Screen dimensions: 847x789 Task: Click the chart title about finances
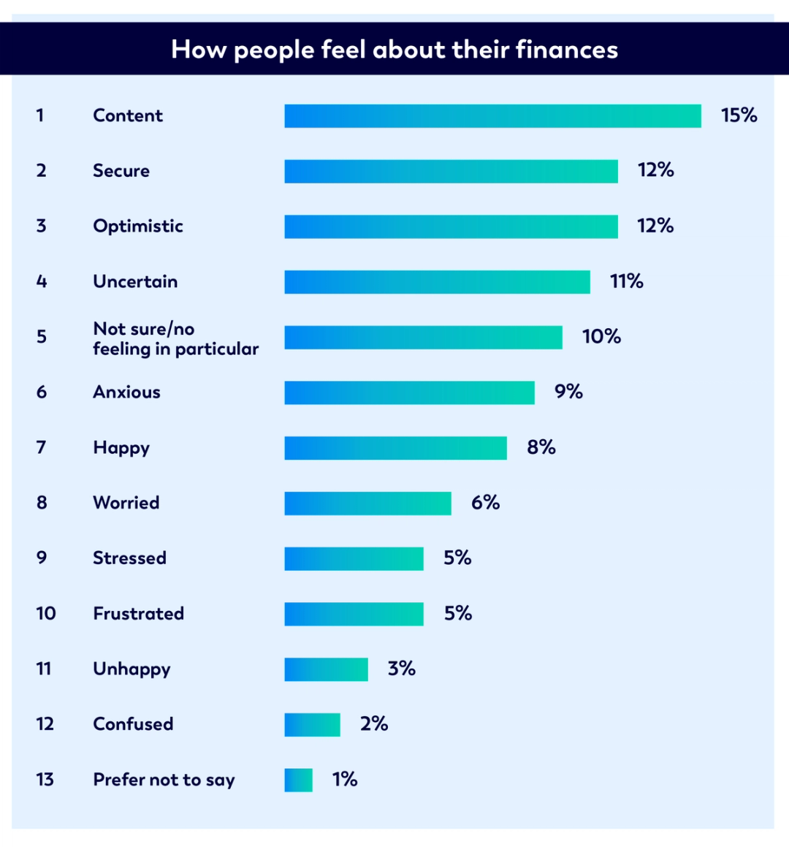click(394, 50)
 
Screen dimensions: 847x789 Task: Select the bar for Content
click(492, 116)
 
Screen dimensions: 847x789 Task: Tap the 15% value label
click(739, 115)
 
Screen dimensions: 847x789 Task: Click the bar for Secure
click(451, 171)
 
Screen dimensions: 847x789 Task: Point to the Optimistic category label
click(138, 226)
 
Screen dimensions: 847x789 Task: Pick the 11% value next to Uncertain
click(626, 281)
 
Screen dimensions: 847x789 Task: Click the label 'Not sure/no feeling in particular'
click(175, 338)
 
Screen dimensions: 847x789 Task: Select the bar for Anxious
click(409, 392)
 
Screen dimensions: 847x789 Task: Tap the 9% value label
click(568, 392)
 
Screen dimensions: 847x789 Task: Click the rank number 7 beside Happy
click(42, 447)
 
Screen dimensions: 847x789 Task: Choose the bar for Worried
click(367, 504)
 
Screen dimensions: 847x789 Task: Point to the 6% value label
click(485, 503)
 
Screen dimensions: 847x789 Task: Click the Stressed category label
click(129, 558)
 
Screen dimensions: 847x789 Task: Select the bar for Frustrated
click(354, 614)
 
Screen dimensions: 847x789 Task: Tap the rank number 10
click(45, 613)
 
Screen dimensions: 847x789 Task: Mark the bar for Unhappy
click(326, 669)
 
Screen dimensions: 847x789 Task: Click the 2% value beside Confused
click(373, 723)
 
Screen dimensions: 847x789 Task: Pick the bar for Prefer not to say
click(298, 780)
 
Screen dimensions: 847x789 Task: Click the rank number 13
click(45, 780)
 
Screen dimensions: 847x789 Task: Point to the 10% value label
click(601, 337)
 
